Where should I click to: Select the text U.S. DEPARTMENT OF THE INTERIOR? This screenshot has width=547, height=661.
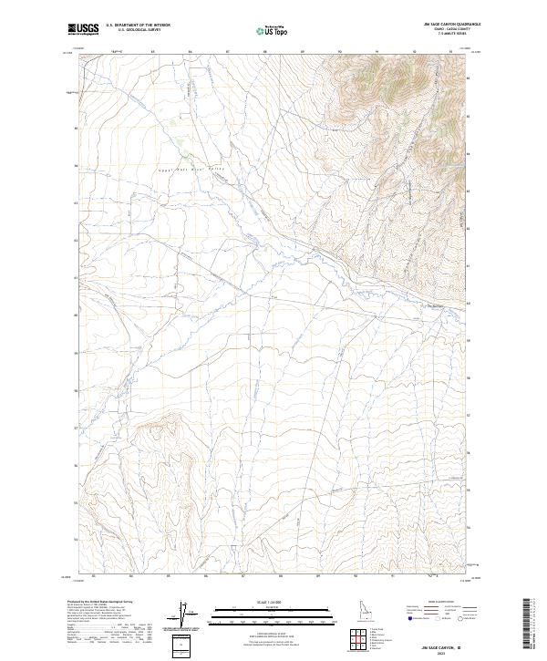pyautogui.click(x=138, y=26)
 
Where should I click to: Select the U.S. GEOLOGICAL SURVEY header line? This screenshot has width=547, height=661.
pyautogui.click(x=138, y=30)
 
